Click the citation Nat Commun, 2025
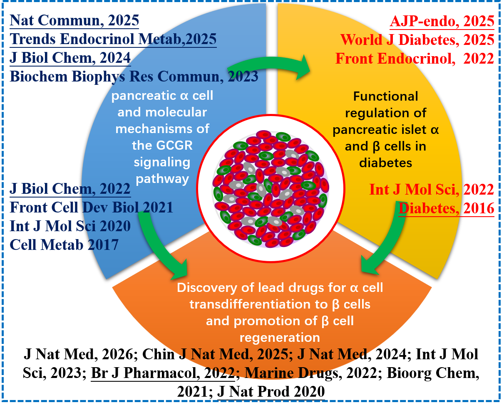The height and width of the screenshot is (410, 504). point(74,21)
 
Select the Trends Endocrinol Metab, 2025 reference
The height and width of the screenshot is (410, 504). point(113,39)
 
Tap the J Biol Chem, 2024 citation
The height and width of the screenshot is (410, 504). point(70,58)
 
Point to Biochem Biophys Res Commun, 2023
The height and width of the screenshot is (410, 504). point(134,77)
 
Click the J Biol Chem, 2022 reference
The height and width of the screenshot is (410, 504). point(70,189)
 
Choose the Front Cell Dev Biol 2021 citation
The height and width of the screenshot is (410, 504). point(91,207)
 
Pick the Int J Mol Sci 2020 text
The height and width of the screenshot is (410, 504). point(70,226)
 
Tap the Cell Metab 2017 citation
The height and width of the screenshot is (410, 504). point(64,245)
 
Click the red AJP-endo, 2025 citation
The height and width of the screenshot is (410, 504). point(442,21)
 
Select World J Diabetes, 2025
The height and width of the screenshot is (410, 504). point(417,40)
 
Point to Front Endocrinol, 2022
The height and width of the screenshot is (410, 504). point(415,58)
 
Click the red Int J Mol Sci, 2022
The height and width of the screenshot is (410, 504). point(432,190)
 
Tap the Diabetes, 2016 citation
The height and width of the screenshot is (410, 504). point(447,208)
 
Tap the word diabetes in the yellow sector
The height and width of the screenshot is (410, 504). point(385,163)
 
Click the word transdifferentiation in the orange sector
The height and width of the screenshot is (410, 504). point(256,304)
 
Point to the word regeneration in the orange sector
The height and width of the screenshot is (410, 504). point(280,337)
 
